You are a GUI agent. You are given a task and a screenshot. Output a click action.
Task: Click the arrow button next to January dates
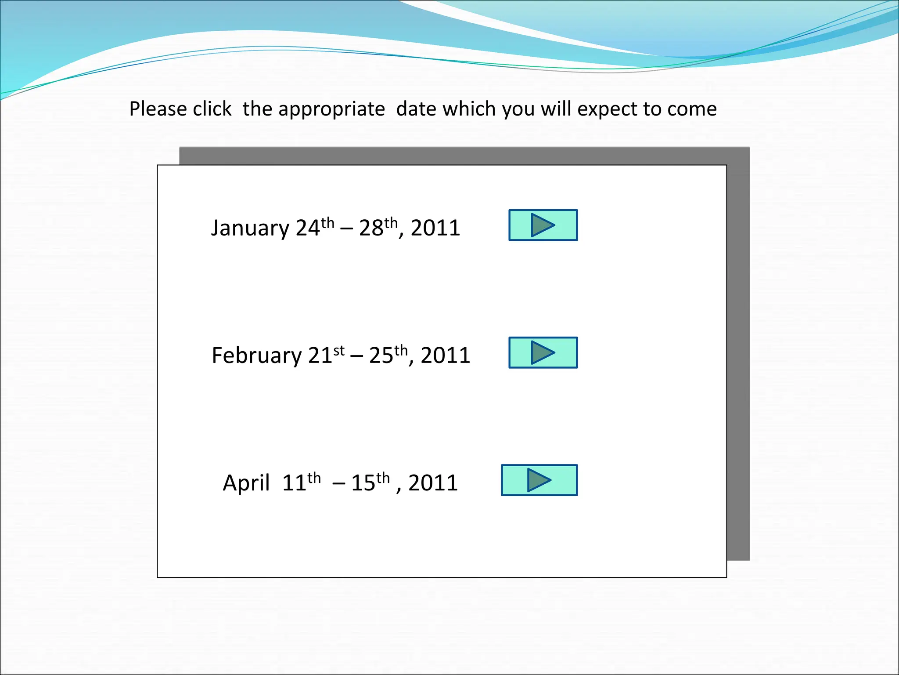[543, 225]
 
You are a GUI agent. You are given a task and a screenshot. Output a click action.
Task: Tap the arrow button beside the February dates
[543, 352]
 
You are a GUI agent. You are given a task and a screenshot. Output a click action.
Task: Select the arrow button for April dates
[539, 480]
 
